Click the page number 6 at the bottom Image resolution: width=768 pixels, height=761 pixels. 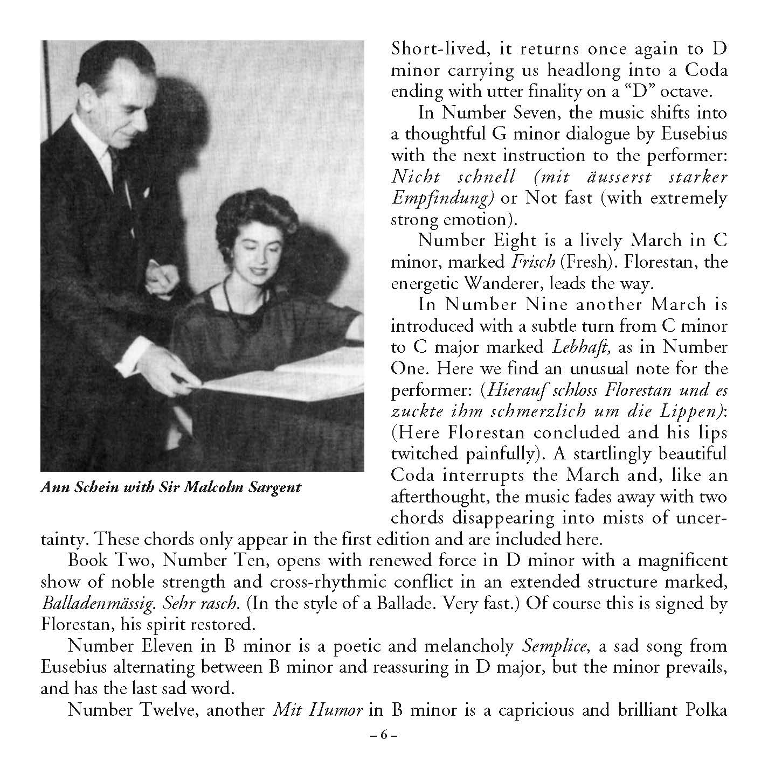pos(384,735)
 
